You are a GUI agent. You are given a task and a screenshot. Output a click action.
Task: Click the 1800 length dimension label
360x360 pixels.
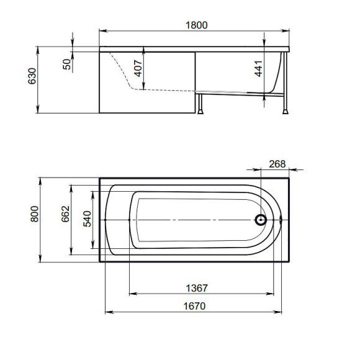point(197,25)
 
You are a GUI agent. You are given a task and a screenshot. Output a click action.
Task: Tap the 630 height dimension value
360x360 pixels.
point(32,76)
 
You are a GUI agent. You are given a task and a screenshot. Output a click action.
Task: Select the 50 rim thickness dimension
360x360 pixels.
point(67,64)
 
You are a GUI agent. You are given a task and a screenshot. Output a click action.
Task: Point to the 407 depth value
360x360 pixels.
point(138,68)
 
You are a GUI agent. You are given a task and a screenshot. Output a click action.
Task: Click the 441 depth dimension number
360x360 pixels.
point(258,68)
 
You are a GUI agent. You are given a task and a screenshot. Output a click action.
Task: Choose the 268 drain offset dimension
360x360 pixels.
point(277,164)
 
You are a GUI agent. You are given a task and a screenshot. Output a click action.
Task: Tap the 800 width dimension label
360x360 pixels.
point(35,214)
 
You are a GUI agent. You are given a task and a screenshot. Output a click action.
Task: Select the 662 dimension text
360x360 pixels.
point(65,214)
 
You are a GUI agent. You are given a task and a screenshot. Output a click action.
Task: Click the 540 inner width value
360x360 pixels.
point(88,218)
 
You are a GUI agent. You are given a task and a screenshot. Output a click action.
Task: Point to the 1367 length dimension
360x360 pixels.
point(197,288)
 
